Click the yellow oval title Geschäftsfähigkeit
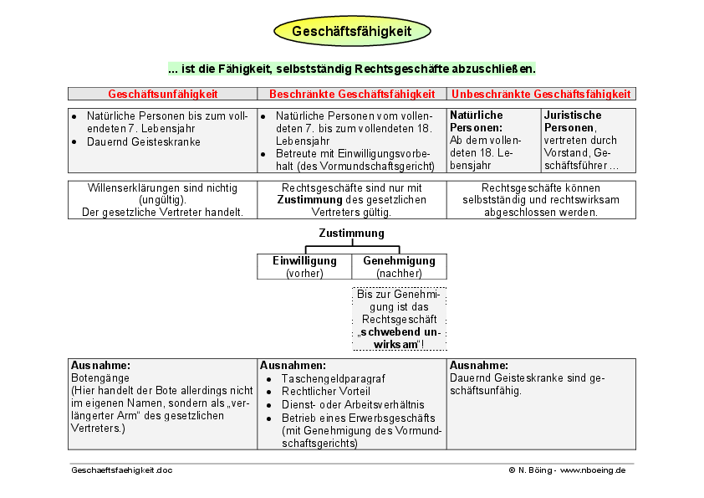[x=352, y=32]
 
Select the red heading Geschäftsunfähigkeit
[x=162, y=94]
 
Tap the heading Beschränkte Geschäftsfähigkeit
[x=352, y=94]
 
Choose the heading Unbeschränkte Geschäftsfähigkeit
[x=541, y=94]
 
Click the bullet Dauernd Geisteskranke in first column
[x=143, y=141]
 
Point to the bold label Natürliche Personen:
[x=477, y=121]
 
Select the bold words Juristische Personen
[x=572, y=121]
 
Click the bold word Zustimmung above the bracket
[x=352, y=234]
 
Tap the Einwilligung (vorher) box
[x=304, y=266]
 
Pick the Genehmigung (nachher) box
[x=399, y=266]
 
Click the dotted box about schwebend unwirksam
[x=399, y=319]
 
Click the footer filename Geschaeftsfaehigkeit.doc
[x=122, y=470]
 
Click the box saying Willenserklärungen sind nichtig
[x=162, y=200]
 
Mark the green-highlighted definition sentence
[x=352, y=68]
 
